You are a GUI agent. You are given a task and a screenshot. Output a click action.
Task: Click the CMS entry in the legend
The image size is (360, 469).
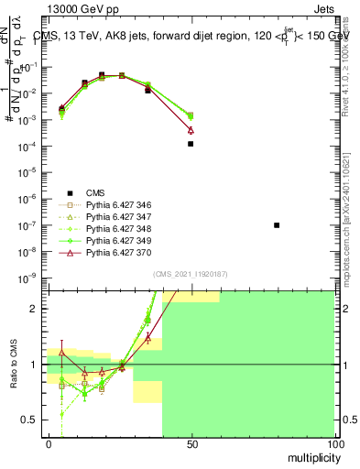(x=96, y=192)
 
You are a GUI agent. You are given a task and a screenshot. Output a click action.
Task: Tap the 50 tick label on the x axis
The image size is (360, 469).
(x=191, y=444)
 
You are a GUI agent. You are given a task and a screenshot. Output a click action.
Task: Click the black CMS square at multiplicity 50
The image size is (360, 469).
(x=191, y=144)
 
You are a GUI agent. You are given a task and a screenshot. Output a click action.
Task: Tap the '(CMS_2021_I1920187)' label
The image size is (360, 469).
(x=190, y=274)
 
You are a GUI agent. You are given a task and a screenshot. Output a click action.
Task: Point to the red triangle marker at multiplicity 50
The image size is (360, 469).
(x=191, y=130)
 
